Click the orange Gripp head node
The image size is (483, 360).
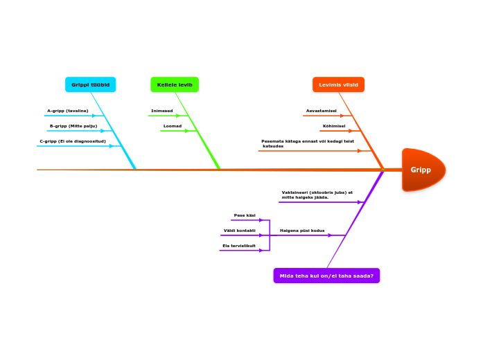click(423, 170)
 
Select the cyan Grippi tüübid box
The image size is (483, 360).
click(90, 84)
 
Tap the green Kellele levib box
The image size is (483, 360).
click(175, 84)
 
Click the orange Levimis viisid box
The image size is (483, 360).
click(338, 84)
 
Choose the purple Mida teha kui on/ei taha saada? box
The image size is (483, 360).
click(326, 276)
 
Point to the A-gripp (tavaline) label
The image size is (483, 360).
click(68, 111)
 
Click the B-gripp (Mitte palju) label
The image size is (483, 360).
click(73, 126)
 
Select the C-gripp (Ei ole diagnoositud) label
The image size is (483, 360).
click(73, 141)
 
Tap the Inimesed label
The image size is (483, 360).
click(162, 111)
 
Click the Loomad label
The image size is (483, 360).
click(173, 126)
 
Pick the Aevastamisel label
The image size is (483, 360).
click(322, 111)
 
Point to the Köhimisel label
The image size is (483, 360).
click(334, 126)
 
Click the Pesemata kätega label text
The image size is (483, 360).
click(307, 143)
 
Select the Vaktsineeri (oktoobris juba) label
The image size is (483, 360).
click(317, 195)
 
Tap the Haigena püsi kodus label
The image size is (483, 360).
click(302, 231)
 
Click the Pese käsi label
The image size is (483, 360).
click(245, 215)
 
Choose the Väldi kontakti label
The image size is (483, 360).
click(240, 231)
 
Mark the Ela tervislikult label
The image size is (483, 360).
click(239, 246)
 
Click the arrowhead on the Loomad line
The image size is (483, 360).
click(187, 131)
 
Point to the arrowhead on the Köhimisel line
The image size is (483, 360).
click(351, 131)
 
